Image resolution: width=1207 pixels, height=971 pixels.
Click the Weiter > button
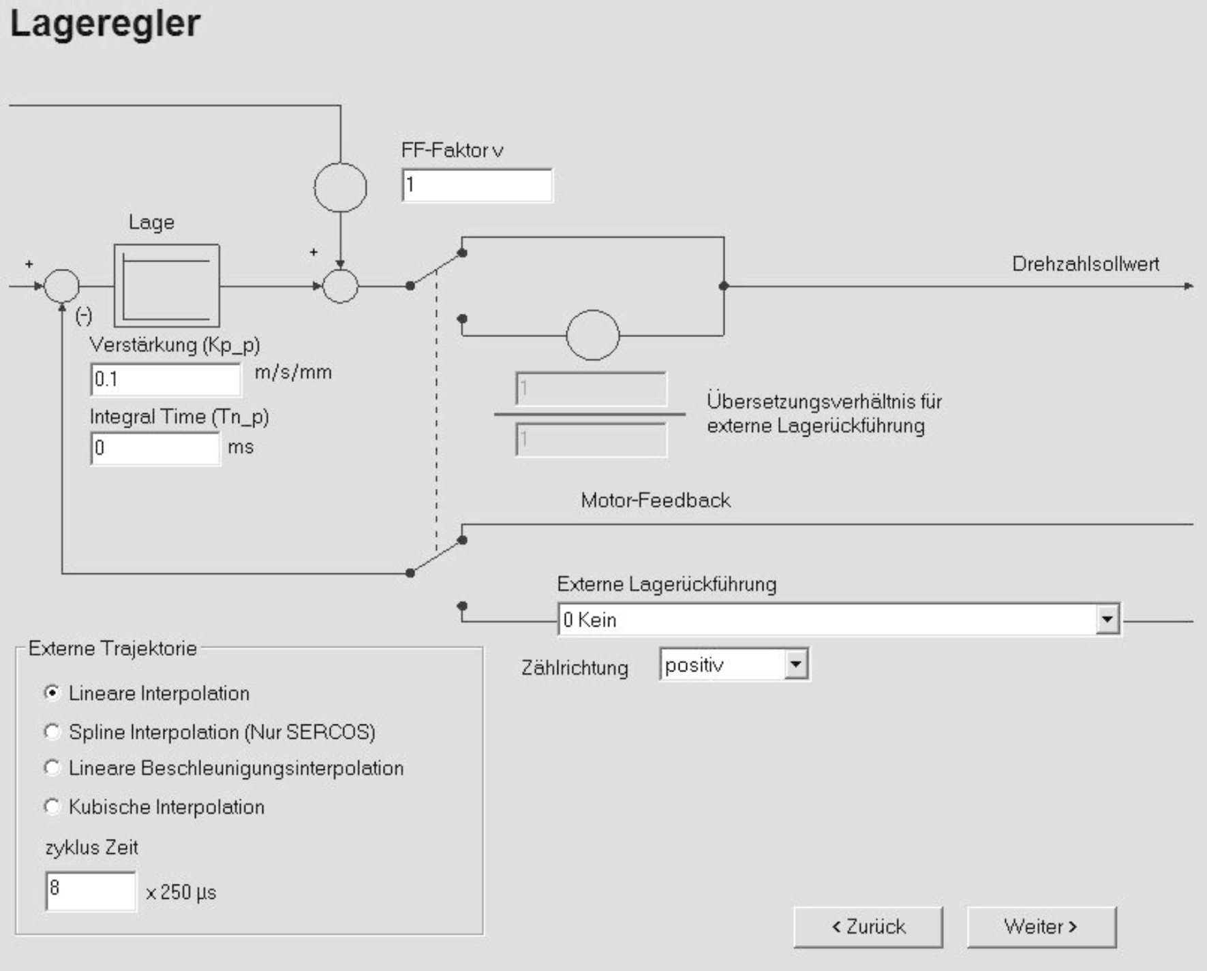pos(1041,927)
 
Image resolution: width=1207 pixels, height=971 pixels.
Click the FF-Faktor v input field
pos(477,185)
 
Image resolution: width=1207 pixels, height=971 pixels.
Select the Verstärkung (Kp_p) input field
pos(166,379)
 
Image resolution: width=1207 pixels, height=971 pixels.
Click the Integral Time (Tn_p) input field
pos(155,448)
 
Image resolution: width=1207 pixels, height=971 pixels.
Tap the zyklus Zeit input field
pos(90,890)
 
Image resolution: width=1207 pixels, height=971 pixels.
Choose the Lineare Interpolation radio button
pos(52,693)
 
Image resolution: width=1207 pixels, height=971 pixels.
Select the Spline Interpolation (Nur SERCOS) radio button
pos(52,732)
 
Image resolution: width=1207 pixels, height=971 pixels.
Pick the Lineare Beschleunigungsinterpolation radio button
pos(52,768)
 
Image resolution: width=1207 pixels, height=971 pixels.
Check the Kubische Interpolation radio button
pos(52,807)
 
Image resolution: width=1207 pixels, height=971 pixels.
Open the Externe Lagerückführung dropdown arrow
pos(1107,620)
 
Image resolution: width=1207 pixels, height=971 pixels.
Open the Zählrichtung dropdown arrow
pos(795,665)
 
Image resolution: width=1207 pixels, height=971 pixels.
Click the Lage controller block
pos(167,286)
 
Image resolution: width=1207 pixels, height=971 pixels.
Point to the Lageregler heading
pos(105,23)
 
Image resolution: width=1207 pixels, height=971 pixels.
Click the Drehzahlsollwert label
pos(1085,264)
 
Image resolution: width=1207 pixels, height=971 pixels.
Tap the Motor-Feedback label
pos(655,500)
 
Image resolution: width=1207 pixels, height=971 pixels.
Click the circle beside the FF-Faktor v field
pos(340,187)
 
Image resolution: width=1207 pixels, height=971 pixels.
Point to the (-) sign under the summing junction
pos(84,315)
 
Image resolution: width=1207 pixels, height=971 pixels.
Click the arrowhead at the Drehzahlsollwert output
pos(1189,286)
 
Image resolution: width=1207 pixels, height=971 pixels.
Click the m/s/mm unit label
pos(293,372)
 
